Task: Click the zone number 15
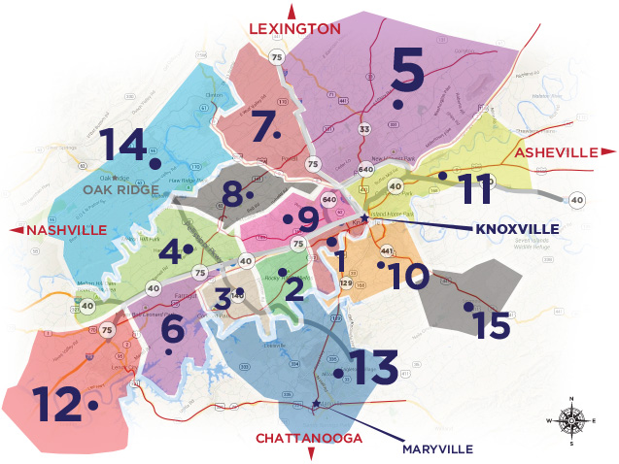(x=493, y=324)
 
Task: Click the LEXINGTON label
(x=294, y=28)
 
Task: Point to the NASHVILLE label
(x=66, y=229)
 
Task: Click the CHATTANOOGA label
(x=308, y=438)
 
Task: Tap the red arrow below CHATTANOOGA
(x=311, y=453)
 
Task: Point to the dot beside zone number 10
(x=381, y=264)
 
